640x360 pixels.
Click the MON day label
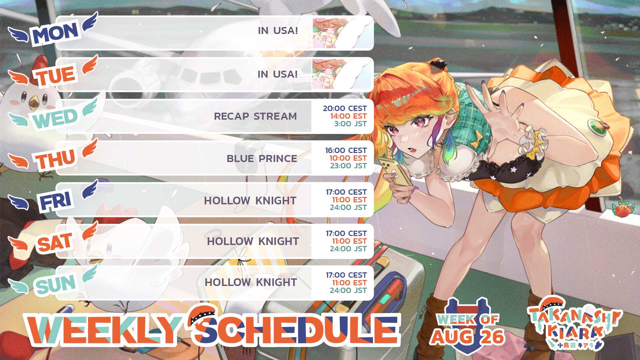click(55, 33)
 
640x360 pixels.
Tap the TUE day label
click(55, 75)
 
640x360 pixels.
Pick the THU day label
click(55, 159)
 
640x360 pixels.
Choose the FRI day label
click(55, 201)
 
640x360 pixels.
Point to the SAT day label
click(55, 242)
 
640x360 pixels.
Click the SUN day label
click(55, 284)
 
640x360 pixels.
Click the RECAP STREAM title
click(255, 116)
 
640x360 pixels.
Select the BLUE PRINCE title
click(262, 158)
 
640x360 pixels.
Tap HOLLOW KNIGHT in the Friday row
click(250, 201)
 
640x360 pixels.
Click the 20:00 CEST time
click(345, 108)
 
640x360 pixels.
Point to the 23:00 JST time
click(348, 166)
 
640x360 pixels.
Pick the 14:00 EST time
click(348, 116)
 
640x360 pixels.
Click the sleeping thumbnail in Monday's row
click(342, 33)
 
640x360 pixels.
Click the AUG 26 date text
click(467, 337)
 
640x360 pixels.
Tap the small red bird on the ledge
click(623, 209)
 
